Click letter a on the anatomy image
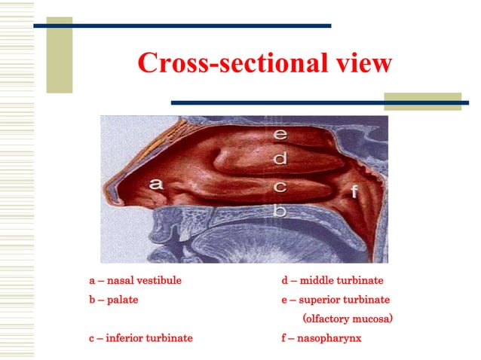click(x=155, y=183)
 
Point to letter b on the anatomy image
click(x=280, y=211)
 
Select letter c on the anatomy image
click(x=280, y=186)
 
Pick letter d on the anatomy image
click(x=280, y=159)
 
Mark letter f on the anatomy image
click(x=354, y=191)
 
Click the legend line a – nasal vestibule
click(x=135, y=281)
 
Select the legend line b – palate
click(x=113, y=300)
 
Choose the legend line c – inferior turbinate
click(x=140, y=338)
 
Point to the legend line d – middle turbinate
click(x=332, y=281)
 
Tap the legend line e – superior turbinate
click(x=335, y=300)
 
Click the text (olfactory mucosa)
click(x=348, y=319)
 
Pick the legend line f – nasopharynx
click(x=321, y=338)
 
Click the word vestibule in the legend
click(x=159, y=281)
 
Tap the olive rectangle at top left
click(x=60, y=55)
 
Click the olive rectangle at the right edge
click(x=422, y=102)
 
